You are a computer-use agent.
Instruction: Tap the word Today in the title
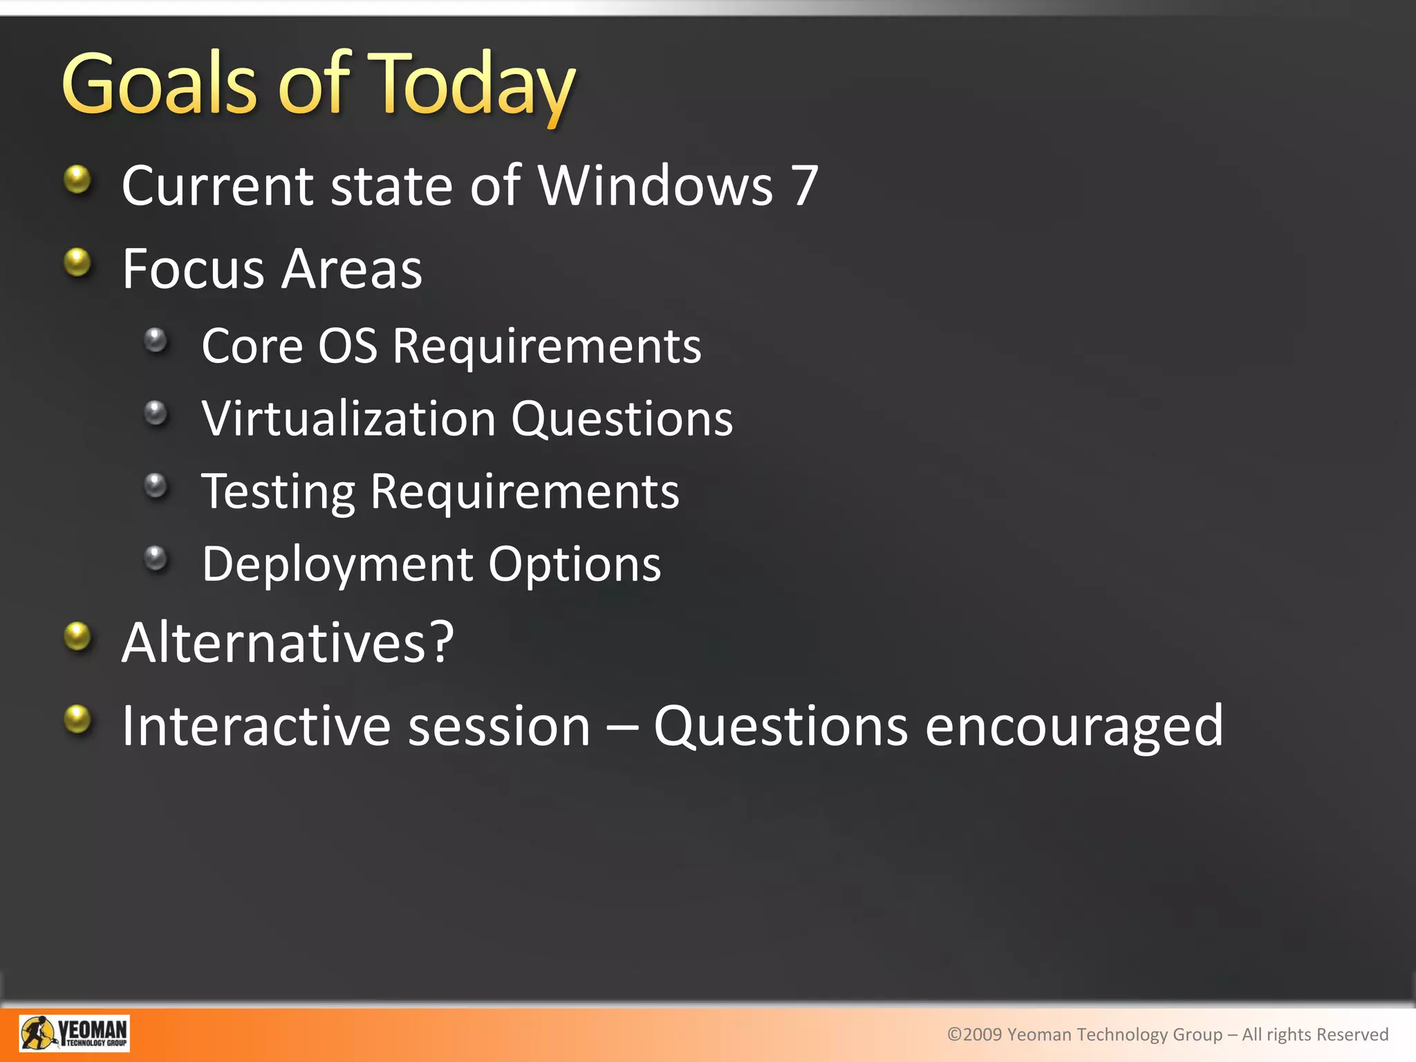click(x=470, y=86)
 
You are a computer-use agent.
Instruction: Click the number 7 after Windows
click(x=805, y=186)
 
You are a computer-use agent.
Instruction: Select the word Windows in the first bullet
click(x=655, y=186)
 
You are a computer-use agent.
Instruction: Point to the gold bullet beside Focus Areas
click(x=77, y=263)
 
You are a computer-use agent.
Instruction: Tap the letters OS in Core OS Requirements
click(x=347, y=346)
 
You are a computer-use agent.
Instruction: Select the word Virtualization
click(x=348, y=419)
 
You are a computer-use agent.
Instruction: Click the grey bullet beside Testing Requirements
click(x=156, y=485)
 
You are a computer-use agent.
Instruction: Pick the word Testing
click(x=278, y=492)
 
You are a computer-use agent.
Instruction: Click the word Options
click(x=575, y=565)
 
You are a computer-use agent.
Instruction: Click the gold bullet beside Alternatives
click(x=77, y=636)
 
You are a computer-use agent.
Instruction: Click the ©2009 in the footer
click(x=974, y=1034)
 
